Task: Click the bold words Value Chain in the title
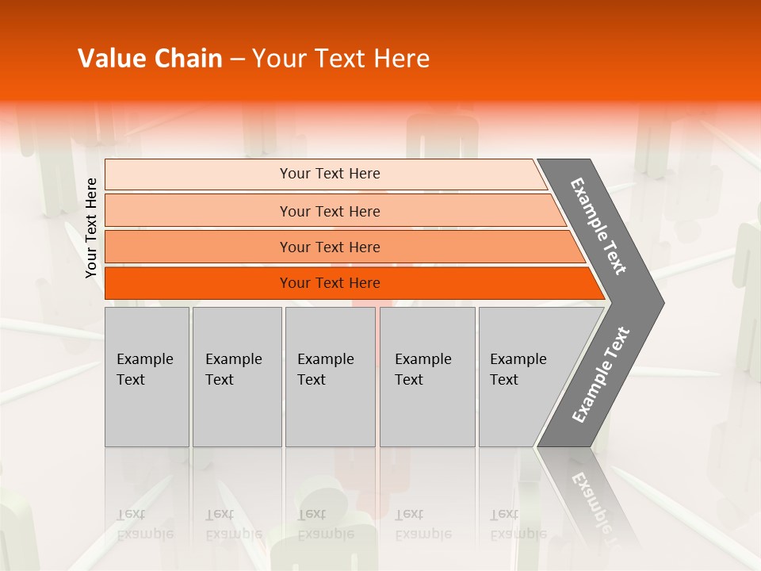click(x=150, y=59)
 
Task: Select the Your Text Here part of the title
click(x=341, y=59)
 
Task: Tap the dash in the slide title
click(x=237, y=59)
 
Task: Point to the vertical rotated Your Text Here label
click(x=91, y=228)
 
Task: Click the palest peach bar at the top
click(x=198, y=174)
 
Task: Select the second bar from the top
click(x=198, y=211)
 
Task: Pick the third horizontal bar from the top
click(x=198, y=247)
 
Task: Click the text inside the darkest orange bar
click(x=330, y=283)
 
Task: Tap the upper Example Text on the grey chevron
click(x=598, y=226)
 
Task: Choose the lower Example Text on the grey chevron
click(x=601, y=375)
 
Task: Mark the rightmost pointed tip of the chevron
click(x=662, y=302)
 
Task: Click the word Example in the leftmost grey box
click(x=144, y=359)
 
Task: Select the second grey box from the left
click(x=237, y=377)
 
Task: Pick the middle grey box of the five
click(x=330, y=377)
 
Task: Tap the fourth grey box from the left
click(x=427, y=377)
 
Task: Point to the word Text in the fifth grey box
click(x=503, y=380)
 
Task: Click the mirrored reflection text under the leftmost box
click(x=144, y=524)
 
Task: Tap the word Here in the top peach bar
click(x=365, y=174)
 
